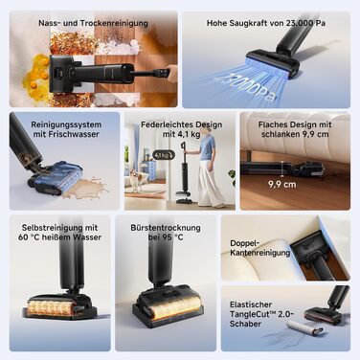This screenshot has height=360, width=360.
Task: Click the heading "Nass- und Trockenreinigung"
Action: tap(93, 23)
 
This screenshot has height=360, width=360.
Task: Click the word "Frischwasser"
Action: tap(74, 134)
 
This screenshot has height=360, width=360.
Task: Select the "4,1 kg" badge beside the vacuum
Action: tap(164, 155)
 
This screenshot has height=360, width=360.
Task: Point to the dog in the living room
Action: tap(136, 180)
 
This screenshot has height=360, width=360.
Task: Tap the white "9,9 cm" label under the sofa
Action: tap(282, 185)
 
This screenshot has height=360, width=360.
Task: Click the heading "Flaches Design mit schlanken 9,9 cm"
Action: tap(295, 129)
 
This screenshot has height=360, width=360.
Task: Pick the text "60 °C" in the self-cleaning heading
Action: tap(28, 237)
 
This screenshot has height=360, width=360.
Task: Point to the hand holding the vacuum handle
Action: tap(172, 74)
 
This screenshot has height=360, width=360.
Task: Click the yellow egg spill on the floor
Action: tap(35, 75)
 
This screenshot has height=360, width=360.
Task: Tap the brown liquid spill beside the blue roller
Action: tap(88, 188)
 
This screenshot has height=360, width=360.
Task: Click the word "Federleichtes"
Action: tap(164, 124)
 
